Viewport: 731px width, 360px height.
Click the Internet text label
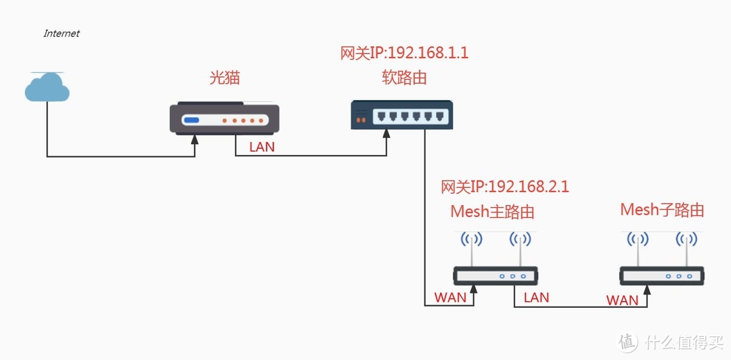tap(62, 33)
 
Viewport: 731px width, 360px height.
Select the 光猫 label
tap(224, 78)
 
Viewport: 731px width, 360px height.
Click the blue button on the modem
tap(192, 121)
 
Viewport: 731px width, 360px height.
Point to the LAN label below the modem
tap(262, 147)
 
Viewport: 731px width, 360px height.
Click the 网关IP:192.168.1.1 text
tap(404, 53)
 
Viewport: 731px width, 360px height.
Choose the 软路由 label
tap(404, 78)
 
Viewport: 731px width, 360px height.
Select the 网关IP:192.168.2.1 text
tap(504, 187)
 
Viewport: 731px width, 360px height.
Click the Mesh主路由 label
tap(492, 212)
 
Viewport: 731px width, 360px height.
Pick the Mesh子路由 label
tap(662, 210)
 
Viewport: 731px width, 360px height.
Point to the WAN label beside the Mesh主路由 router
tap(450, 298)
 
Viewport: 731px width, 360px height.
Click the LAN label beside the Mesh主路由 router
tap(536, 298)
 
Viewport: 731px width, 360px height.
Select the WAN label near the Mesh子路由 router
tap(622, 300)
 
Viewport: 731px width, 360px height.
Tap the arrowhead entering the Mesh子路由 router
tap(649, 290)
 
